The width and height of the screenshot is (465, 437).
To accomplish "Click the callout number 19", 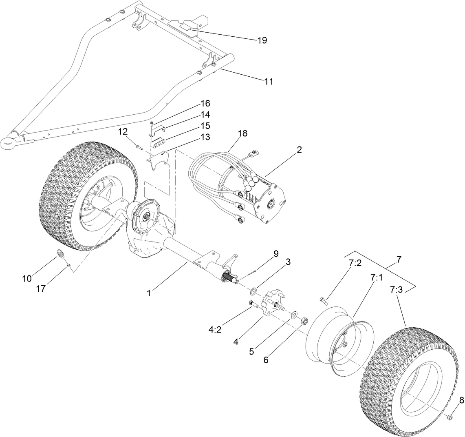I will [x=262, y=40].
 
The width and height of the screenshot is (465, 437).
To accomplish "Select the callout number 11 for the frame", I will [x=268, y=82].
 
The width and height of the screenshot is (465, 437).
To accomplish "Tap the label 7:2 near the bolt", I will [x=355, y=263].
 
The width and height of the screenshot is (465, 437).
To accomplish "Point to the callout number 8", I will [x=461, y=400].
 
